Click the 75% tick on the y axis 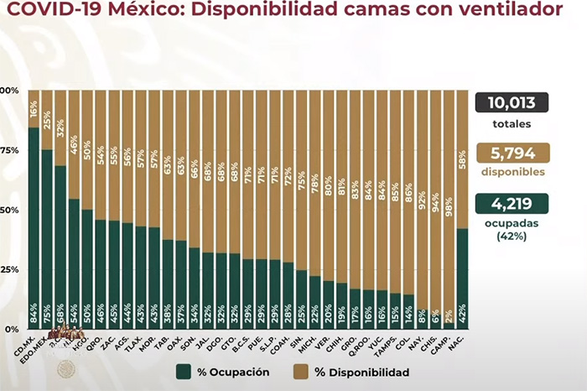pos(9,150)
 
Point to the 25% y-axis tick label pos(9,269)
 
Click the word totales pos(512,124)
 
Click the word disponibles pos(512,172)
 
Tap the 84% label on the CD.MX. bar pos(34,316)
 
